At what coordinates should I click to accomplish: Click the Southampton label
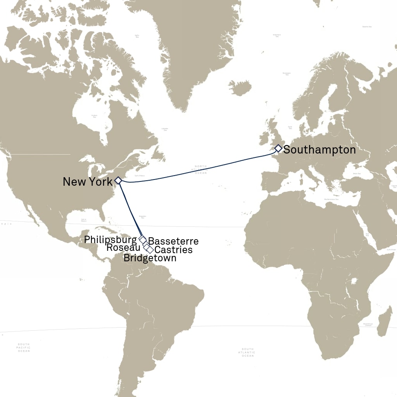pos(319,150)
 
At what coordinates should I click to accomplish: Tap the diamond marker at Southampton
pos(278,148)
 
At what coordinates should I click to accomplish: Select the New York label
pos(88,181)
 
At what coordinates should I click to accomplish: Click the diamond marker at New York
pos(118,180)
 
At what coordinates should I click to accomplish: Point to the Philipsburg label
pos(110,240)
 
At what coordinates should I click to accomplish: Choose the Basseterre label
pos(173,241)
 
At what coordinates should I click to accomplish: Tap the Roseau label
pos(123,247)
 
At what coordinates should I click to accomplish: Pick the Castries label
pos(173,250)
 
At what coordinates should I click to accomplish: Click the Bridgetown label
pos(150,258)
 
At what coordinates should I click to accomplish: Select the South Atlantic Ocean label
pos(248,352)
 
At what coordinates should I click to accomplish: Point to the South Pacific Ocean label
pos(24,347)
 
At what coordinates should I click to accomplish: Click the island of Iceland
pos(240,88)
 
